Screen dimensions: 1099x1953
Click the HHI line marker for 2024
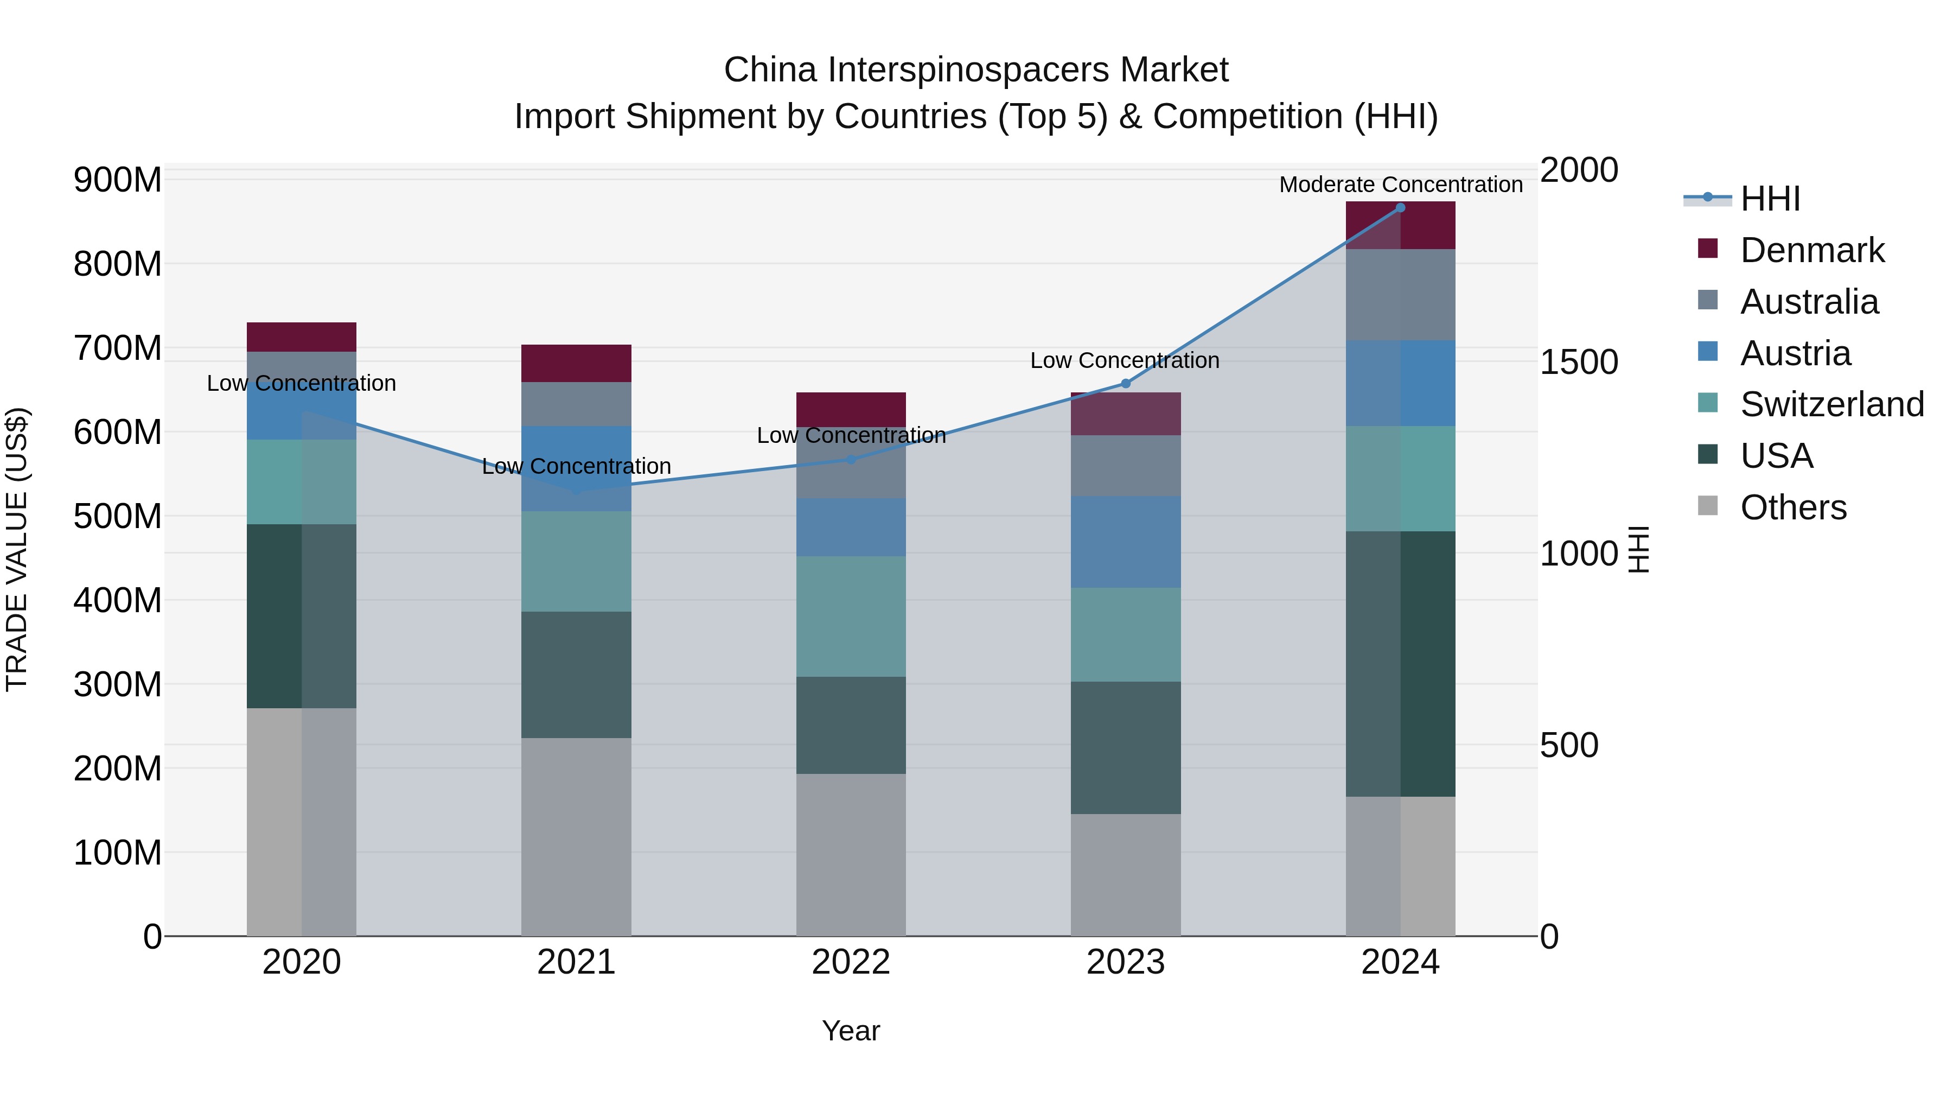pyautogui.click(x=1400, y=208)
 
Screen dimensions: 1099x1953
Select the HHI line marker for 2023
pyautogui.click(x=1125, y=384)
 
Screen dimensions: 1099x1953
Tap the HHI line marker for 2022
pyautogui.click(x=851, y=460)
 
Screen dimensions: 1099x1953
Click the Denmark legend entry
pyautogui.click(x=1812, y=250)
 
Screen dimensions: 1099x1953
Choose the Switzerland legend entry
pyautogui.click(x=1831, y=404)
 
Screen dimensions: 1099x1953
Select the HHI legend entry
pyautogui.click(x=1770, y=199)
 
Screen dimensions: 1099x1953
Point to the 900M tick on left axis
pyautogui.click(x=118, y=181)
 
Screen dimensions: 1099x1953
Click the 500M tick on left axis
pyautogui.click(x=118, y=517)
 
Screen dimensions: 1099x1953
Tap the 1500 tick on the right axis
pyautogui.click(x=1579, y=362)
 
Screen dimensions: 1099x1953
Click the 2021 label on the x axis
pyautogui.click(x=576, y=962)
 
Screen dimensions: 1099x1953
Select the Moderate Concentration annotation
pyautogui.click(x=1400, y=185)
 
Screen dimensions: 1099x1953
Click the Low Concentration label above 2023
pyautogui.click(x=1125, y=360)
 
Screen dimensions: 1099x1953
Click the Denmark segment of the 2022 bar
pyautogui.click(x=851, y=410)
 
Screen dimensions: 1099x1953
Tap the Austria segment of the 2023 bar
pyautogui.click(x=1125, y=542)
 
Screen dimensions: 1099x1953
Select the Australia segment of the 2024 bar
pyautogui.click(x=1400, y=294)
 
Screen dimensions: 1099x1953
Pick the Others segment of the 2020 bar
pyautogui.click(x=301, y=822)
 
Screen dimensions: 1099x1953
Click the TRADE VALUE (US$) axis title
pyautogui.click(x=17, y=549)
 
